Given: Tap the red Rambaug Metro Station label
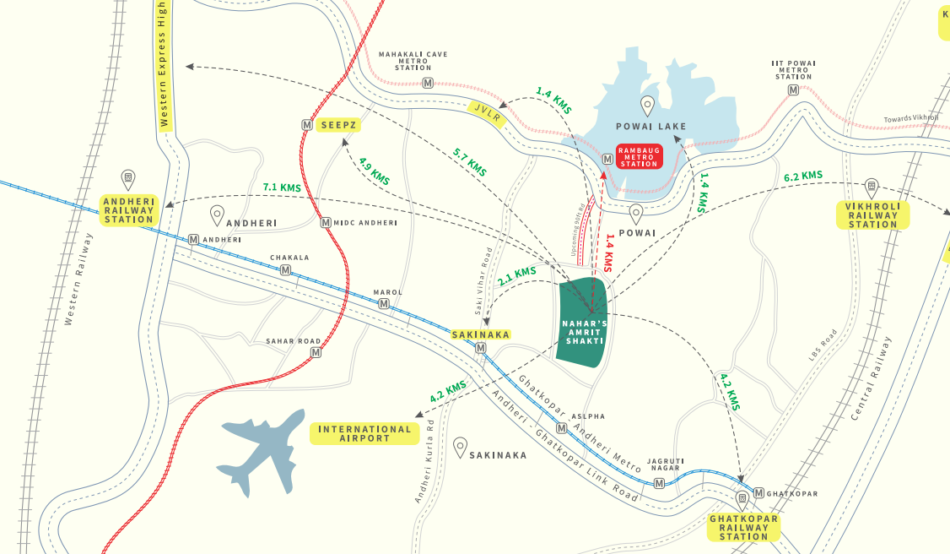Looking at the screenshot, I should [640, 156].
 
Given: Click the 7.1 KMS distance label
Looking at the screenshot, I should [281, 187].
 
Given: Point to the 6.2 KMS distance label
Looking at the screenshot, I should [802, 177].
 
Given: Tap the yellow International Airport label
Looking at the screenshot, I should [365, 433].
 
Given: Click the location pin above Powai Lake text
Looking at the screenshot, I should [647, 106].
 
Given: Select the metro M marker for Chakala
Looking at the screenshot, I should [286, 270].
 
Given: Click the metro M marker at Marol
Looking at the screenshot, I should [384, 304].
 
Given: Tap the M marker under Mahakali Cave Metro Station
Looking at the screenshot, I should [428, 83].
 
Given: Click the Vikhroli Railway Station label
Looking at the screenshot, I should [872, 215].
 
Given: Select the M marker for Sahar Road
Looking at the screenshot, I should [316, 353].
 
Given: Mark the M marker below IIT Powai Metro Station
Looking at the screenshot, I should [793, 90].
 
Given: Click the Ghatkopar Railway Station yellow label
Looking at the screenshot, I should [743, 527].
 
